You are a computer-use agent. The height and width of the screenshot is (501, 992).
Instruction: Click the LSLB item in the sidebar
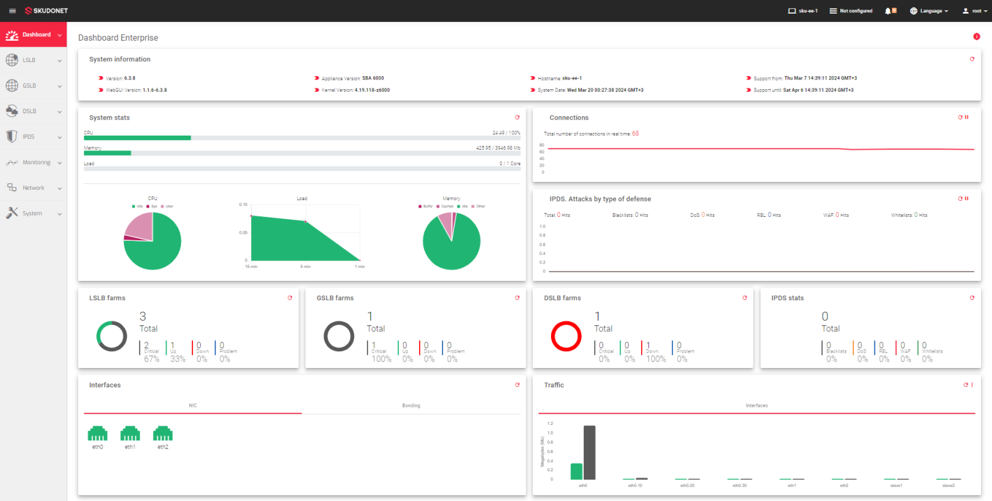click(29, 60)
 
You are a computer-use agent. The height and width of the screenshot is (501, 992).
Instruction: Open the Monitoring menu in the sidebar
click(36, 162)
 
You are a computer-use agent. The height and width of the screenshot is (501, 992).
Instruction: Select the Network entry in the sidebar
click(34, 188)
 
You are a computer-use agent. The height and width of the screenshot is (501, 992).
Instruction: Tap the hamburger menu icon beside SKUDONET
click(12, 11)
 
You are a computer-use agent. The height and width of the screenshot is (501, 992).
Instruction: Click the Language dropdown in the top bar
click(929, 11)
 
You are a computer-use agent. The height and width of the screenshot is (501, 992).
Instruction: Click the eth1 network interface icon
click(130, 433)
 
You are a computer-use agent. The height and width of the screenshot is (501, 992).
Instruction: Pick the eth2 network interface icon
click(163, 433)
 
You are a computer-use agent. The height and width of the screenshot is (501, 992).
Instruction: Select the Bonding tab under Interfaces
click(411, 405)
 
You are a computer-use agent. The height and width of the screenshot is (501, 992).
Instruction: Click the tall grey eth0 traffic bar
click(589, 452)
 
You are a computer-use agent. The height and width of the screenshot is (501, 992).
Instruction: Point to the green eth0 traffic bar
click(577, 471)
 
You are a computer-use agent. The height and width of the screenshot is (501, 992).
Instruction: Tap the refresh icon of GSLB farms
click(517, 298)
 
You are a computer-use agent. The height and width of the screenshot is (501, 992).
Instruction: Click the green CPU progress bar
click(137, 138)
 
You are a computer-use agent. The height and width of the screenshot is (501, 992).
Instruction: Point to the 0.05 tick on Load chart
click(243, 232)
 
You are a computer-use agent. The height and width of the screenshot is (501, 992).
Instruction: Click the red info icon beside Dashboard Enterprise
click(976, 36)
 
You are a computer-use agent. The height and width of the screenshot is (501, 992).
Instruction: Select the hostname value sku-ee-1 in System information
click(572, 78)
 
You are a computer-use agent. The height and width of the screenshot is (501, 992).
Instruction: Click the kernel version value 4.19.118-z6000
click(372, 90)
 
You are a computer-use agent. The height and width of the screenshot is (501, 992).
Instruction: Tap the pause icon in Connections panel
click(967, 118)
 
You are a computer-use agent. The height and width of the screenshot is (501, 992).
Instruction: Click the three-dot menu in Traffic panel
click(972, 385)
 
